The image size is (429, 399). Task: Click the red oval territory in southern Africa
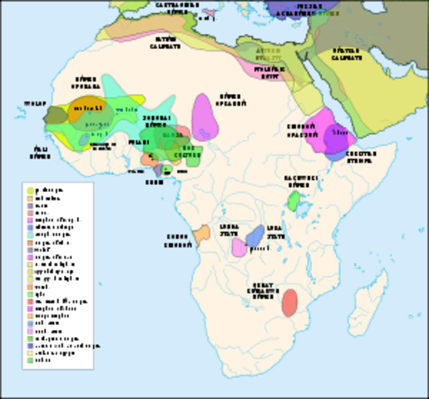point(289,303)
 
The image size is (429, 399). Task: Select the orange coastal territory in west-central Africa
point(200,234)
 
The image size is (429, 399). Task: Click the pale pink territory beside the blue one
point(239,247)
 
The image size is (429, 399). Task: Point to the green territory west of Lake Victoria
point(293,199)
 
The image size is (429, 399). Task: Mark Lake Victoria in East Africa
point(309,200)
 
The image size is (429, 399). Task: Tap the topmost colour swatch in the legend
point(31,190)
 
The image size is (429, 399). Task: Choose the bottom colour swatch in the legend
point(31,360)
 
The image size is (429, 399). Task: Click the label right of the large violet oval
point(235,100)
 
